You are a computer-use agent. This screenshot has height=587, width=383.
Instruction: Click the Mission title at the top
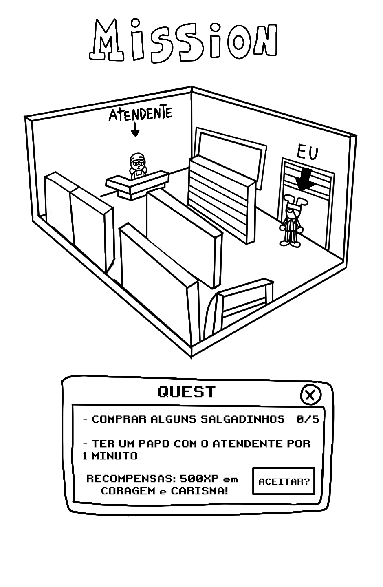pyautogui.click(x=183, y=41)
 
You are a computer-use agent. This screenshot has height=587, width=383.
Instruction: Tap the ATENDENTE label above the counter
pyautogui.click(x=140, y=114)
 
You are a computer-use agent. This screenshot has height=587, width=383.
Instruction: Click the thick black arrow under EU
pyautogui.click(x=306, y=179)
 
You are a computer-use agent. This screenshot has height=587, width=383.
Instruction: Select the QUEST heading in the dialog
pyautogui.click(x=187, y=392)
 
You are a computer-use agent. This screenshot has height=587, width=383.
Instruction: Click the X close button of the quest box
pyautogui.click(x=310, y=395)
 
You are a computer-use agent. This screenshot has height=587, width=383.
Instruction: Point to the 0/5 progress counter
pyautogui.click(x=308, y=419)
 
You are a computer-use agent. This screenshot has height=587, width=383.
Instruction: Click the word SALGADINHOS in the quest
pyautogui.click(x=242, y=419)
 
